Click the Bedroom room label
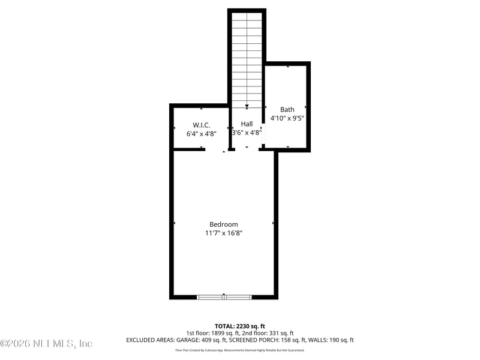(223, 224)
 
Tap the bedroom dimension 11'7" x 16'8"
(223, 233)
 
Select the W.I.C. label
(200, 125)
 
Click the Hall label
(247, 124)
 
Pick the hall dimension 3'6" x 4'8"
(247, 133)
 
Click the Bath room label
(287, 109)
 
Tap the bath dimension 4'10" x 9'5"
(287, 118)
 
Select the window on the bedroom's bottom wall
(224, 296)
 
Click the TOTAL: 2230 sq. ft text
(240, 326)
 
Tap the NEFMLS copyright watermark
(46, 344)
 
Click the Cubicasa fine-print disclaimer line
(240, 350)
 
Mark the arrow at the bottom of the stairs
(247, 106)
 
